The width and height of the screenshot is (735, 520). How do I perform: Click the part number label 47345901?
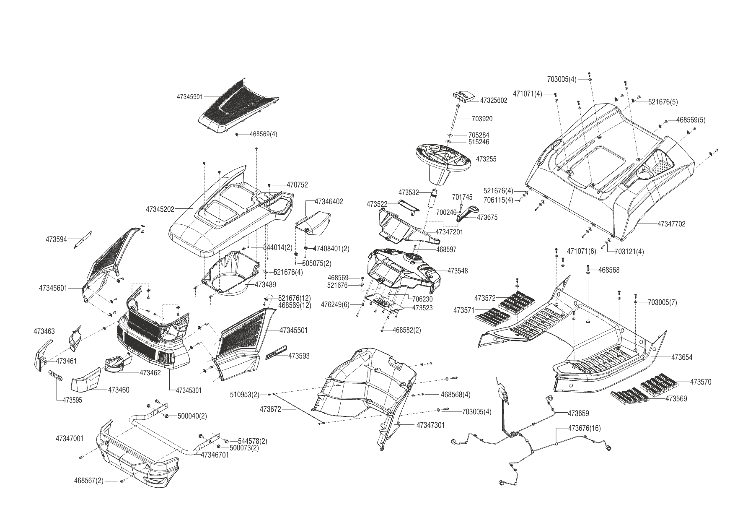[189, 96]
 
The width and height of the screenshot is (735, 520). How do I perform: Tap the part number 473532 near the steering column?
[409, 192]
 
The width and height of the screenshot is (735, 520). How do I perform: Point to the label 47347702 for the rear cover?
[671, 224]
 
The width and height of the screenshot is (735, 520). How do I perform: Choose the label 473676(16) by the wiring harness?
[584, 428]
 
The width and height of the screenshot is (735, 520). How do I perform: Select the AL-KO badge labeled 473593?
[276, 352]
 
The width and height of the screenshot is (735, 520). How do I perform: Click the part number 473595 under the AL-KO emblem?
[70, 400]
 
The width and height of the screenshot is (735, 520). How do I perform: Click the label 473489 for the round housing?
[265, 285]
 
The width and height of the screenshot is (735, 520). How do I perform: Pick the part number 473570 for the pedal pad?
[700, 382]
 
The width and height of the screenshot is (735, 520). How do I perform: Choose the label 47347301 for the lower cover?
[430, 425]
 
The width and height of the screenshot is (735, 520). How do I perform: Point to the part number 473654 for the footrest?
[682, 357]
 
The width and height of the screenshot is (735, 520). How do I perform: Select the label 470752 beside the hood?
[297, 185]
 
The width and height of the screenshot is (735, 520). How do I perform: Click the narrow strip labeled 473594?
[84, 239]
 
